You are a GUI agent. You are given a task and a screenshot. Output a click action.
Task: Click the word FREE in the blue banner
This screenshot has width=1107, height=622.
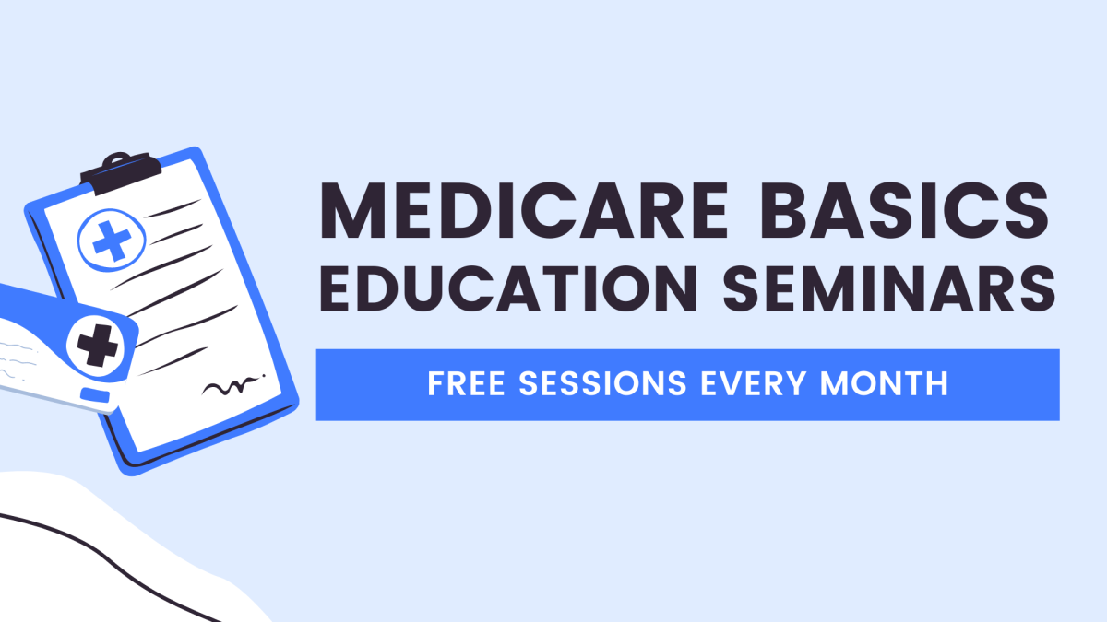(463, 384)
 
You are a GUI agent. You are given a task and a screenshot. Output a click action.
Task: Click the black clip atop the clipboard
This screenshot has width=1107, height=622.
(120, 172)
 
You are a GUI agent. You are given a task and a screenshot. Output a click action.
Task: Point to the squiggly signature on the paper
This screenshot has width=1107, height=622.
(226, 387)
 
